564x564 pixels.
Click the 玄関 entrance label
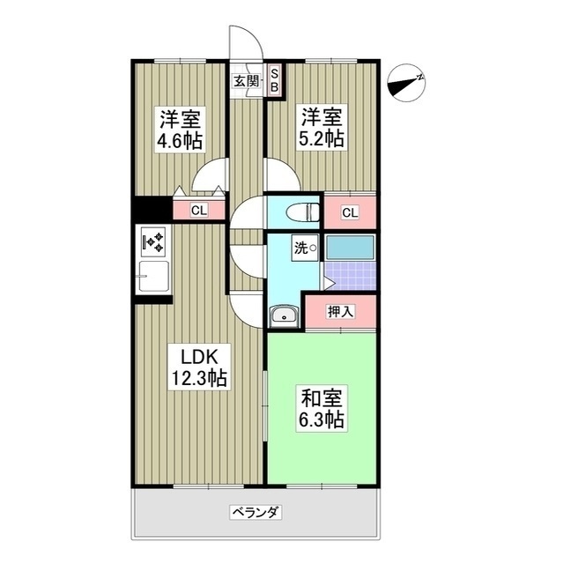point(247,82)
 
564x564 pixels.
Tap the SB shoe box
point(274,80)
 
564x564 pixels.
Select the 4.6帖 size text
point(181,140)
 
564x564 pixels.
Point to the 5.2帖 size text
point(323,140)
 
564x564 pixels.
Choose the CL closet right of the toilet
point(350,212)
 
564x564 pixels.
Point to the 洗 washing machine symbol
point(304,249)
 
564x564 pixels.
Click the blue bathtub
point(350,247)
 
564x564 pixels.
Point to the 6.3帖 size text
point(321,420)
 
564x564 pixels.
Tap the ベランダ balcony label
point(256,512)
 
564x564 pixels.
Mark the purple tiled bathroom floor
point(350,277)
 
